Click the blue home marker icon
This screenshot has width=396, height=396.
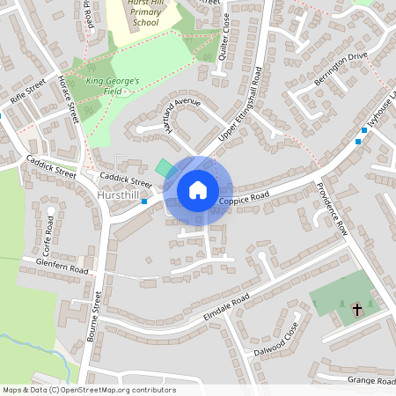[x=198, y=189]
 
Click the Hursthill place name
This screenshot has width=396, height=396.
[x=119, y=194]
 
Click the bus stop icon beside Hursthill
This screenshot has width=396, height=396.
[x=144, y=202]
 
